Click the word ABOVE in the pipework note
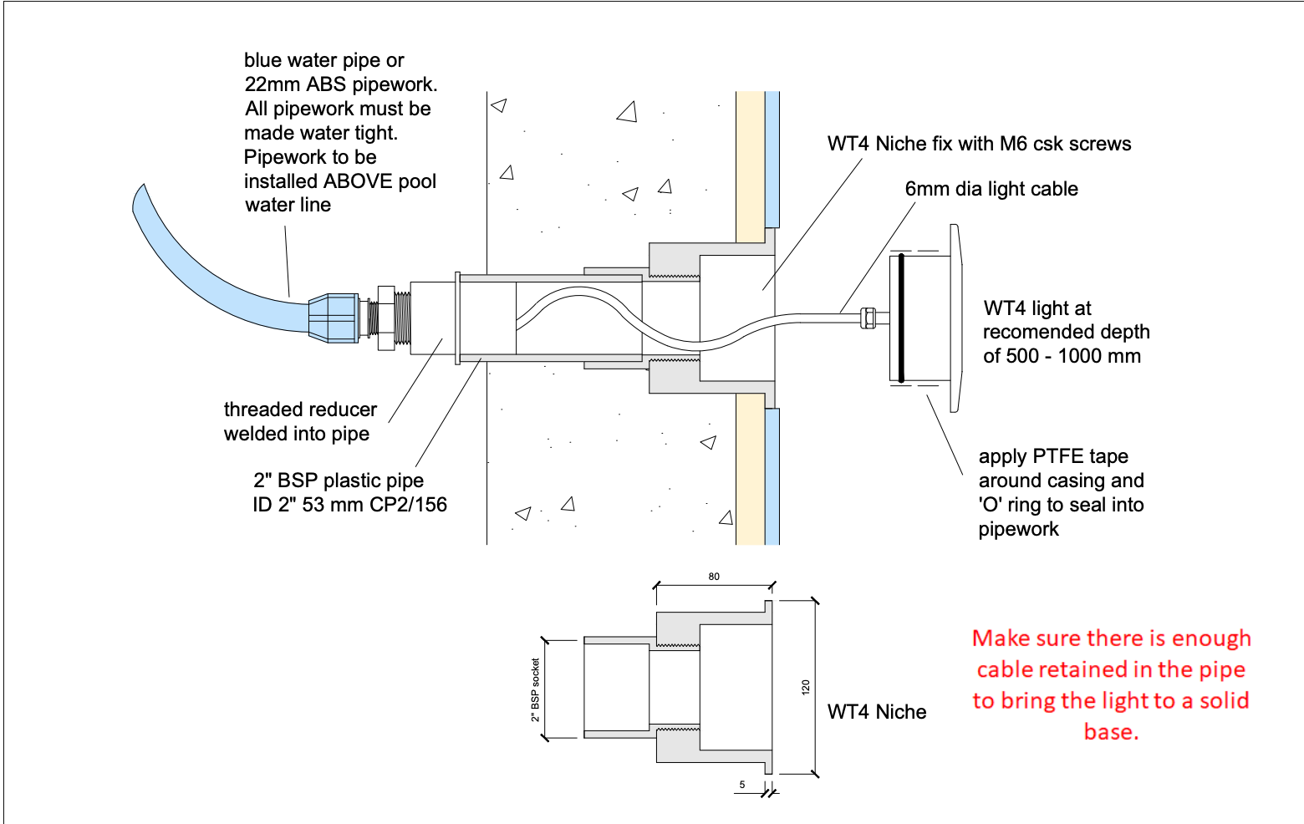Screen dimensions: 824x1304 pos(357,181)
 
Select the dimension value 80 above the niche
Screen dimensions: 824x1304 pos(714,577)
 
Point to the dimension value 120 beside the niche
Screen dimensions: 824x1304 pos(806,687)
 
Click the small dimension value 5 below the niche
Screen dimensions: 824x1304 pos(742,785)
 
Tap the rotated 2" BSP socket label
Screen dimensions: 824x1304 pos(536,690)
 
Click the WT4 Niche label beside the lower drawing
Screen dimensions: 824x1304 pos(877,712)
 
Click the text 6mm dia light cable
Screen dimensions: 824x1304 pos(991,189)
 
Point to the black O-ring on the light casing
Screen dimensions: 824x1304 pos(901,318)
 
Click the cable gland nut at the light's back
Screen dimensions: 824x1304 pos(868,318)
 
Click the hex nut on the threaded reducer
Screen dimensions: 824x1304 pos(386,318)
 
